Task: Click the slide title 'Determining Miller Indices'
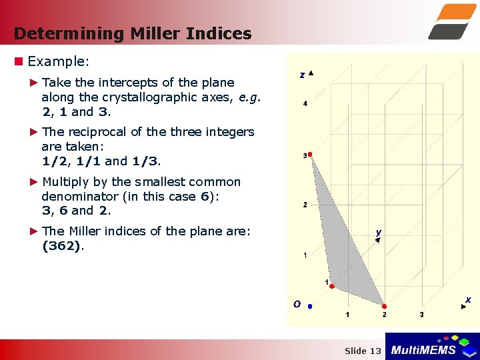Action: (132, 33)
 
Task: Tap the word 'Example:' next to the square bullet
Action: (58, 61)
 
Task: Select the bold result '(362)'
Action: (61, 246)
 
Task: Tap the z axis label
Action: (302, 75)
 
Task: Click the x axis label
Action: (468, 300)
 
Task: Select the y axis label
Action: (378, 233)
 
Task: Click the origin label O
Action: (297, 304)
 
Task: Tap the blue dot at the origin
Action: (310, 307)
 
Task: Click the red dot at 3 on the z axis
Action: (310, 155)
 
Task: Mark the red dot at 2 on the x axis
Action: (385, 307)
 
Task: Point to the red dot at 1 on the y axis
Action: (332, 287)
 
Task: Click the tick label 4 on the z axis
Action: (305, 104)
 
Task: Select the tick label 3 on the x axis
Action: (421, 315)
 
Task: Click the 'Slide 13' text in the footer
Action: (363, 351)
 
